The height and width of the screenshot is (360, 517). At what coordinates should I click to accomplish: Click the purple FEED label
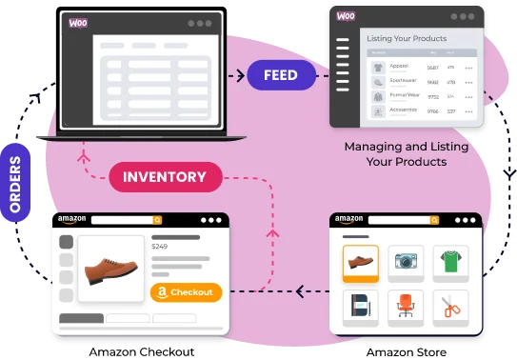[x=281, y=74]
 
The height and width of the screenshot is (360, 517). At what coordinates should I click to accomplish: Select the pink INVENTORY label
[x=165, y=176]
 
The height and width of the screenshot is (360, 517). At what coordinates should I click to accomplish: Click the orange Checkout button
[x=186, y=292]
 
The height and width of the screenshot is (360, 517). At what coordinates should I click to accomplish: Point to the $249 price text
[x=160, y=247]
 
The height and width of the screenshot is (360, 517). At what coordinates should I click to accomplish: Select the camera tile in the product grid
[x=407, y=261]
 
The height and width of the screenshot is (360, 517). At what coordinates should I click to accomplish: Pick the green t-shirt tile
[x=450, y=261]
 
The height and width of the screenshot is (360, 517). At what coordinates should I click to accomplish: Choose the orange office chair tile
[x=407, y=306]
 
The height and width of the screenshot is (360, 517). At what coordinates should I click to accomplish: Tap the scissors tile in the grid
[x=450, y=306]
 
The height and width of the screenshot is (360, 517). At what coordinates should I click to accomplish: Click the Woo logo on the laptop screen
[x=79, y=23]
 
